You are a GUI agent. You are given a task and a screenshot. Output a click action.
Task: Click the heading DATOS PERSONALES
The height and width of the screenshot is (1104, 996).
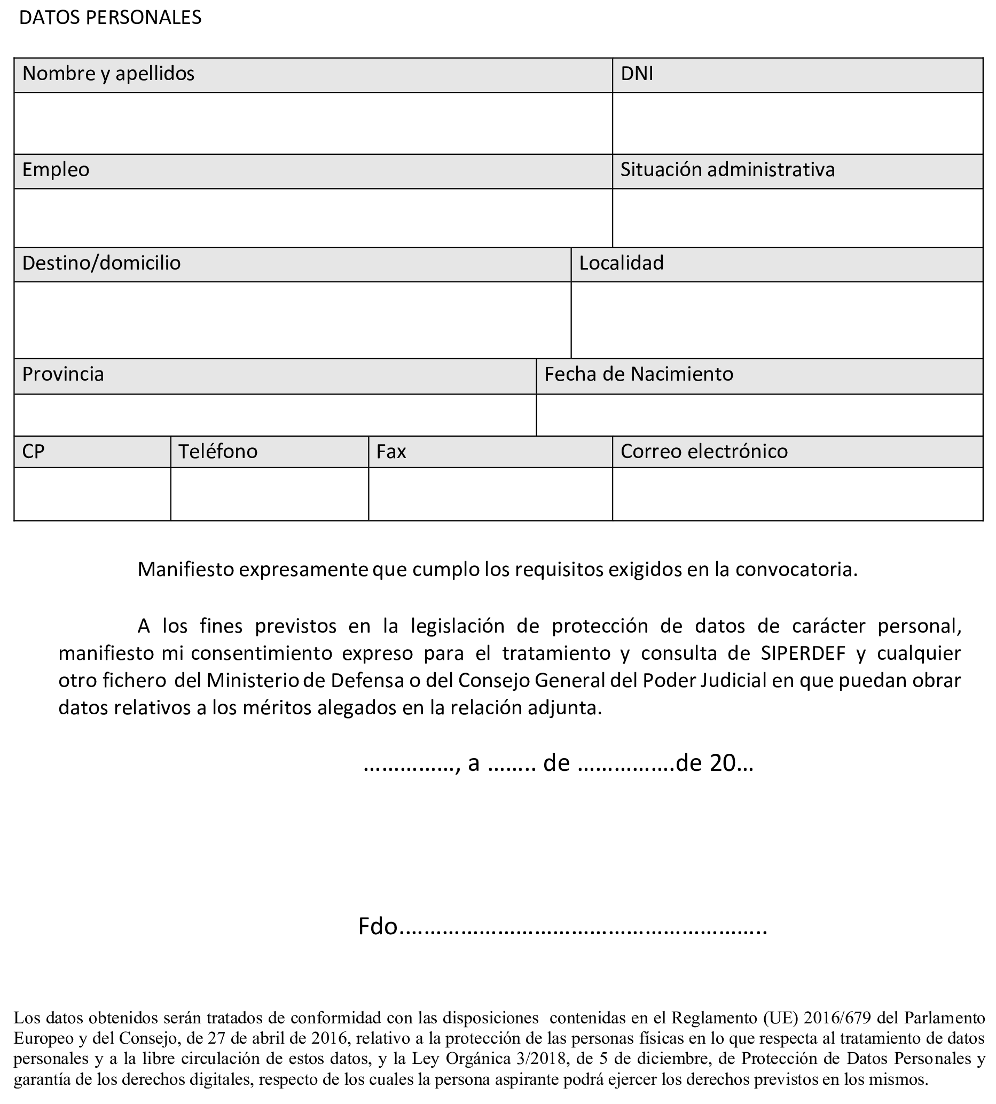pyautogui.click(x=110, y=18)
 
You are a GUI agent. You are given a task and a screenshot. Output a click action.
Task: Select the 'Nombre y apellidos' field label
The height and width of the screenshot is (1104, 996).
pyautogui.click(x=108, y=74)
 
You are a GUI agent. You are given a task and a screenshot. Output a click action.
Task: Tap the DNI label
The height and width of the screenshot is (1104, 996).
pyautogui.click(x=637, y=74)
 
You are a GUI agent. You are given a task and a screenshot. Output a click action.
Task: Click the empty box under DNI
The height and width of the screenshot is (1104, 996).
pyautogui.click(x=797, y=123)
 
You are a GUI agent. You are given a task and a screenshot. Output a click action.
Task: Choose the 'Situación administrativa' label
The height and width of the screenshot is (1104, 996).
pyautogui.click(x=727, y=170)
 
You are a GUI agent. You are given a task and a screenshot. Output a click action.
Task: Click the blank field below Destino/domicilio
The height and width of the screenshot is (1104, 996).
pyautogui.click(x=292, y=320)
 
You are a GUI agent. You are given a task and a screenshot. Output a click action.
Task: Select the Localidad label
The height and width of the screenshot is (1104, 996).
pyautogui.click(x=621, y=264)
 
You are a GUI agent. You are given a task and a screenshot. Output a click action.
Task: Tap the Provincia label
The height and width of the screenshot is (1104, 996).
pyautogui.click(x=63, y=375)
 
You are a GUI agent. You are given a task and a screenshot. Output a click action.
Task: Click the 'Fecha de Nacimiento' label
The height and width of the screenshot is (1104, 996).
pyautogui.click(x=638, y=375)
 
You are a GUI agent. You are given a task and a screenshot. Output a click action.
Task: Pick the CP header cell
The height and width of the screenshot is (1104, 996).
pyautogui.click(x=34, y=452)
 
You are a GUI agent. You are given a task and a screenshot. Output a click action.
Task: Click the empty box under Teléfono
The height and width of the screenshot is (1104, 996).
pyautogui.click(x=269, y=494)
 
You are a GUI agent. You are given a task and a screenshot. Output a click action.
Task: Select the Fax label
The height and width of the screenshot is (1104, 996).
pyautogui.click(x=391, y=452)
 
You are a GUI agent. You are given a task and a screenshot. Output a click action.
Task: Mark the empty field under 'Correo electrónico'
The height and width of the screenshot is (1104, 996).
pyautogui.click(x=797, y=494)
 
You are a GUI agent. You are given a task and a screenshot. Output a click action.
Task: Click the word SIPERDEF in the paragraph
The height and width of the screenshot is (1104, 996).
pyautogui.click(x=803, y=654)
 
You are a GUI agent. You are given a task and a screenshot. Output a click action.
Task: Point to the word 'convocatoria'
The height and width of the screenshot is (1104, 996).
pyautogui.click(x=796, y=570)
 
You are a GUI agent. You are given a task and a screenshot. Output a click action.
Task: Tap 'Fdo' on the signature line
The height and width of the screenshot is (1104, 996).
pyautogui.click(x=377, y=927)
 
